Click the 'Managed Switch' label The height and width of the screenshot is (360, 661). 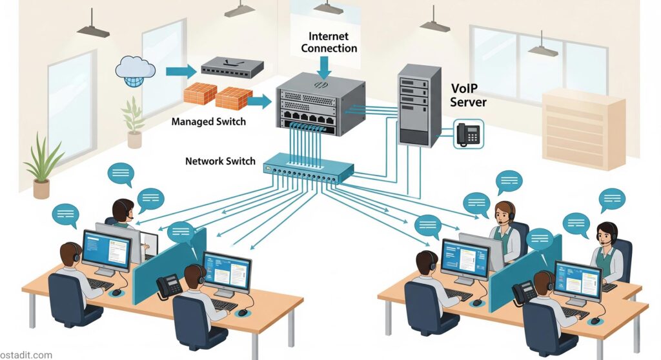coord(208,121)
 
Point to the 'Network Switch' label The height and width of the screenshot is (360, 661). coord(220,161)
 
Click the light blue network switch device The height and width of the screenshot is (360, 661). coord(309,168)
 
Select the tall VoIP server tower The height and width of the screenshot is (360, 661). coord(418,105)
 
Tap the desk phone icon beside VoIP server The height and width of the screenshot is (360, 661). coord(469,134)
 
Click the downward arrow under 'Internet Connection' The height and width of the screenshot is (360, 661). coord(324,66)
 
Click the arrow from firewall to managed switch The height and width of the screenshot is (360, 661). coord(259,101)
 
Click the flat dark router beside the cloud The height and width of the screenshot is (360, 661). coord(232,66)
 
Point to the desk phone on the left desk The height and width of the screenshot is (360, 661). coord(169,285)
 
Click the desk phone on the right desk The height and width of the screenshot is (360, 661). coord(524,292)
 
